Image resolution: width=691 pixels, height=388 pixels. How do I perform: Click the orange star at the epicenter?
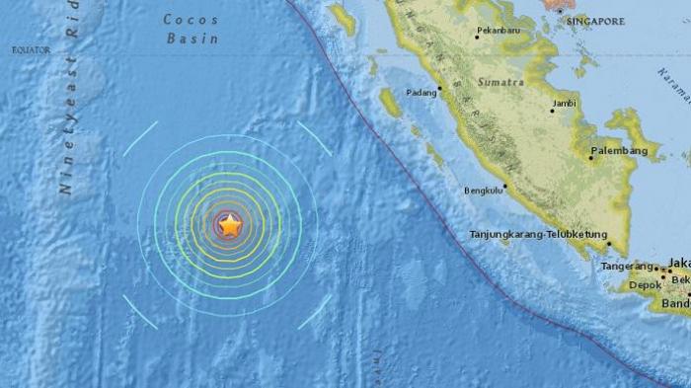click(x=229, y=226)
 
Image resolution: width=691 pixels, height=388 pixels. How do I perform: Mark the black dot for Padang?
click(x=440, y=86)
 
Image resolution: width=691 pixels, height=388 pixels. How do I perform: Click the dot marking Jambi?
click(x=553, y=111)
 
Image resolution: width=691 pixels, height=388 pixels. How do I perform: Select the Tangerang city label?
click(x=628, y=268)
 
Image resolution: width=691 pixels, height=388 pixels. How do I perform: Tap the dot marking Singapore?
click(x=560, y=10)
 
